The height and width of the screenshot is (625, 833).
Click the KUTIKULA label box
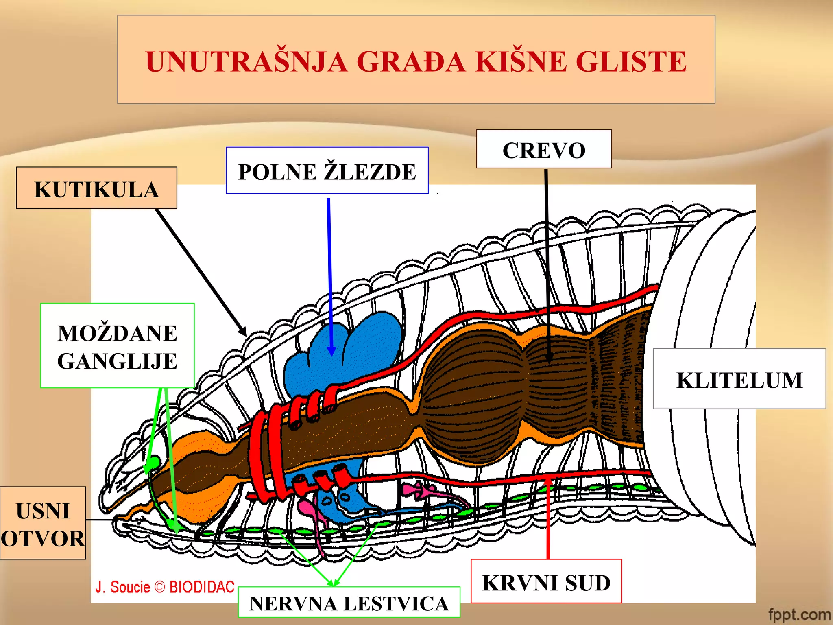point(96,188)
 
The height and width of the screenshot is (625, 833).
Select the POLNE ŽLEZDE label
point(327,171)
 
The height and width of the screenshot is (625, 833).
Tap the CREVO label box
point(543,149)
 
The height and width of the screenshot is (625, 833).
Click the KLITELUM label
point(739,379)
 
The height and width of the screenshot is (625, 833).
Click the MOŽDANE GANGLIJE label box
point(117,346)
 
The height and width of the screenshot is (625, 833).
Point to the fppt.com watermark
point(799,614)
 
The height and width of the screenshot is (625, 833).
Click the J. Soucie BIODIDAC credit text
point(165,587)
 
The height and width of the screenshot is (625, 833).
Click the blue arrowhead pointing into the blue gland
point(331,351)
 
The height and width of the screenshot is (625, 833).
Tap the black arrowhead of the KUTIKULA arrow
point(243,332)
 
